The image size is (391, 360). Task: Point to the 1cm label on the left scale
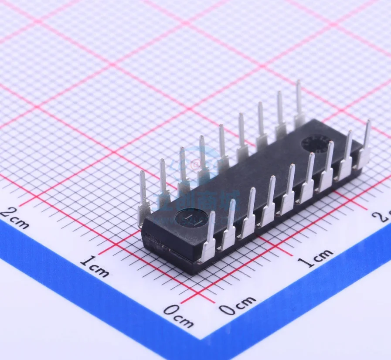94,266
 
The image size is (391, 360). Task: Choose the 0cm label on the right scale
237,305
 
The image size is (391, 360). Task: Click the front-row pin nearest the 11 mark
209,238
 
